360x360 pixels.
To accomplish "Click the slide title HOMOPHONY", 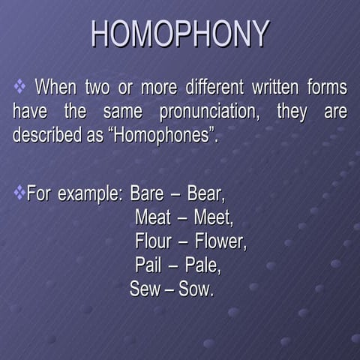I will [x=179, y=34].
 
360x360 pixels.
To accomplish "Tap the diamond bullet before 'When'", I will [x=19, y=88].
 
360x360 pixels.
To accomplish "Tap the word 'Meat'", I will [x=153, y=218].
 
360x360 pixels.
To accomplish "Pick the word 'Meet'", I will [x=213, y=218].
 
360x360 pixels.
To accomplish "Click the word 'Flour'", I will [x=154, y=242].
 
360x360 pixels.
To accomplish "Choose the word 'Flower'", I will [x=220, y=242].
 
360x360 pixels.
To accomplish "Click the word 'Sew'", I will [x=145, y=289].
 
